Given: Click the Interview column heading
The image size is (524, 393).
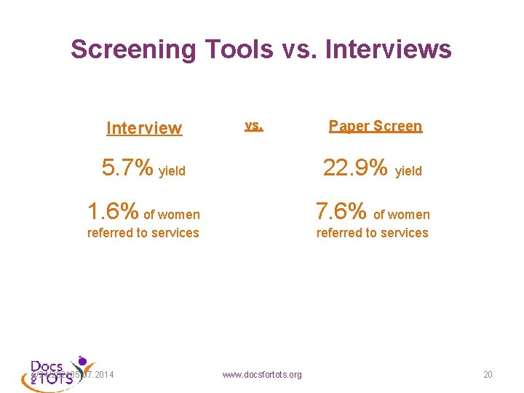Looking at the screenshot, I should (x=144, y=129).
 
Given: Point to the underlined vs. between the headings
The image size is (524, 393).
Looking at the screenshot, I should (x=254, y=125).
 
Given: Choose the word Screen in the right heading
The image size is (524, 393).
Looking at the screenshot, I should (x=400, y=126).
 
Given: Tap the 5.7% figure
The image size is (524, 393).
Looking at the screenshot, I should (x=127, y=168).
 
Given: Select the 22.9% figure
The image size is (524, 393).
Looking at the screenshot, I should (x=355, y=168).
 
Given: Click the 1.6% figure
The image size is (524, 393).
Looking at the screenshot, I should (x=112, y=211).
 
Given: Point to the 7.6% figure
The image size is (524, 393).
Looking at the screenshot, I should (x=341, y=211).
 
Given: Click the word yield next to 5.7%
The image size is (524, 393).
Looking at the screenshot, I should (x=172, y=172).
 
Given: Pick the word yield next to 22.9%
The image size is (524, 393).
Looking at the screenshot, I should (x=408, y=172).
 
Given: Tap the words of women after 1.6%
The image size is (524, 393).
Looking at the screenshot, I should (x=172, y=215).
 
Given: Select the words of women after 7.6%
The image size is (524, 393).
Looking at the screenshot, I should (x=402, y=215).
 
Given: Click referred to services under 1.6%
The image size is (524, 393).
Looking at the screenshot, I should (x=143, y=233).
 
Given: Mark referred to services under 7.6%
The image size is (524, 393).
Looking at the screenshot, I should (x=372, y=233).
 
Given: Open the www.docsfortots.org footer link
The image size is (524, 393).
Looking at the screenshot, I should (x=262, y=375).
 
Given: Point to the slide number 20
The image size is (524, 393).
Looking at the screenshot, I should (x=488, y=375).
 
